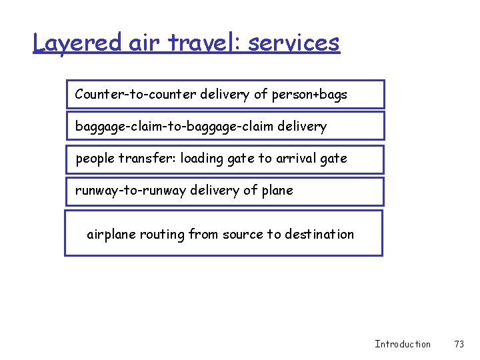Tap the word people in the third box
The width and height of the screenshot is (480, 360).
pyautogui.click(x=94, y=159)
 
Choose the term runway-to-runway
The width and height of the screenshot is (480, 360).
pyautogui.click(x=131, y=191)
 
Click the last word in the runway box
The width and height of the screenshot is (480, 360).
pyautogui.click(x=277, y=191)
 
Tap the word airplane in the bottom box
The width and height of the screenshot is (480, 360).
pyautogui.click(x=111, y=234)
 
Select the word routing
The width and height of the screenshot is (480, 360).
pyautogui.click(x=163, y=234)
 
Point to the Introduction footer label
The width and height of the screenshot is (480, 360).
pyautogui.click(x=403, y=344)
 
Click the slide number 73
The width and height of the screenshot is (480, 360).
pyautogui.click(x=459, y=344)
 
